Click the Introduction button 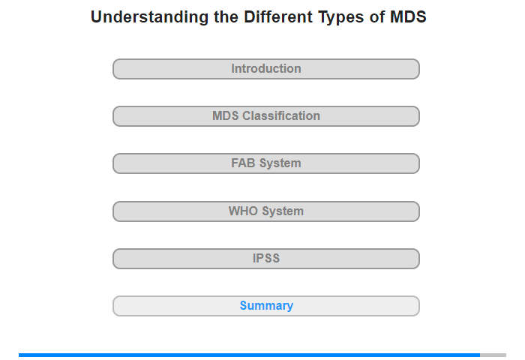[266, 69]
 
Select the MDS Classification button [266, 116]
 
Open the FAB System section [266, 163]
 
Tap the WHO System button [266, 211]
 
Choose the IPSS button [266, 259]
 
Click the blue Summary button [266, 306]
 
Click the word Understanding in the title [150, 17]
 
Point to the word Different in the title [278, 16]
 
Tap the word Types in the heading [340, 17]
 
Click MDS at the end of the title [408, 16]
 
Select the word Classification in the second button [281, 115]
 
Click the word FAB [243, 163]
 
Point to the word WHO [243, 211]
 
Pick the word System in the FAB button [280, 163]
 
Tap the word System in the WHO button [283, 211]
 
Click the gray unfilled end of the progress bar [493, 355]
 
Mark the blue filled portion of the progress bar [250, 355]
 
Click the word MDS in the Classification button [226, 115]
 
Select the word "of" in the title [377, 16]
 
